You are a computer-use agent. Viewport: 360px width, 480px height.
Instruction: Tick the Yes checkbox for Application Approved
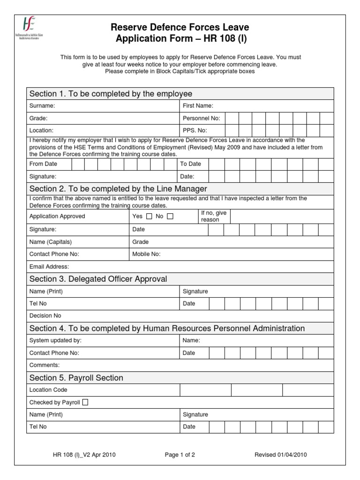(x=149, y=217)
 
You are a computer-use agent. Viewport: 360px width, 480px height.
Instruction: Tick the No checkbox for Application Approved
(x=170, y=217)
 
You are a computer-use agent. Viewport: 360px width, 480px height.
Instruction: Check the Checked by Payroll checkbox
(x=85, y=402)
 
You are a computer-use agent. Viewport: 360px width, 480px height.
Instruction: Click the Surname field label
(x=42, y=106)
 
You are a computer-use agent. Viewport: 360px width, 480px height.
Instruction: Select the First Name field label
(x=198, y=106)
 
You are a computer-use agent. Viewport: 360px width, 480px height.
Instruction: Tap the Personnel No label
(x=201, y=118)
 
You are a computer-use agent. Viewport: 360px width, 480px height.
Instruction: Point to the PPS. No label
(x=195, y=130)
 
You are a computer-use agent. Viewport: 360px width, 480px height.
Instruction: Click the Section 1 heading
(x=111, y=94)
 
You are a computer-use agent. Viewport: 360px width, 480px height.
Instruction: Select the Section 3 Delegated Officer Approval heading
(x=98, y=279)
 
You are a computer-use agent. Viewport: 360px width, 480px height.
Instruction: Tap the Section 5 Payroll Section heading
(x=76, y=378)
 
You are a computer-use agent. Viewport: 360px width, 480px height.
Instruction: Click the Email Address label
(x=49, y=267)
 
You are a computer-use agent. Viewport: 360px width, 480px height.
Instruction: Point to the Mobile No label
(x=147, y=254)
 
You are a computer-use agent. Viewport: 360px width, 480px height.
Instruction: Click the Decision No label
(x=45, y=315)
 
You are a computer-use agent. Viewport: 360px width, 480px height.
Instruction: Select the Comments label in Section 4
(x=45, y=365)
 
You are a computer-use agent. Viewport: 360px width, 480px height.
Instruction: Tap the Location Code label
(x=48, y=390)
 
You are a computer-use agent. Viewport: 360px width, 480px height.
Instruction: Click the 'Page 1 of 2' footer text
(x=180, y=455)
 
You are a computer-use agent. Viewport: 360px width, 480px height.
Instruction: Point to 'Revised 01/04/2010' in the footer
(x=281, y=455)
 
